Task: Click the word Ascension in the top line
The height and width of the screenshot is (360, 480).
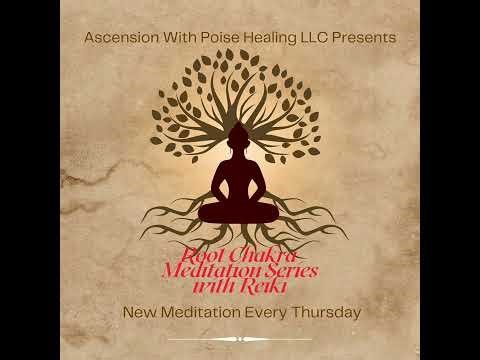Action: (x=123, y=37)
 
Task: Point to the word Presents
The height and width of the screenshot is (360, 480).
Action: (x=370, y=37)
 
